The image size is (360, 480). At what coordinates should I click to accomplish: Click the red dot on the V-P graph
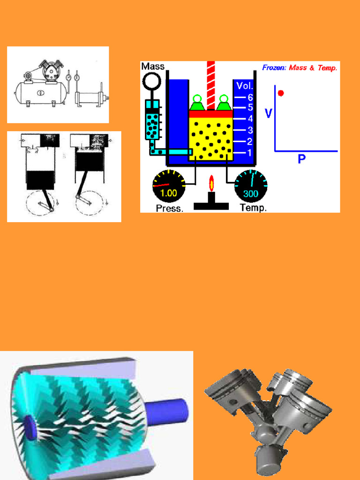281,93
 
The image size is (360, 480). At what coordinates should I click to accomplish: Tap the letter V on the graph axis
268,113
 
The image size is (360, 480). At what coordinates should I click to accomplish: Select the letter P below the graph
301,159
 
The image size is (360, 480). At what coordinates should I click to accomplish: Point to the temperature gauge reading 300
251,186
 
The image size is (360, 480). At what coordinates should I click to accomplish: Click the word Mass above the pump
153,67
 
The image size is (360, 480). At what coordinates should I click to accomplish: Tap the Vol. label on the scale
245,86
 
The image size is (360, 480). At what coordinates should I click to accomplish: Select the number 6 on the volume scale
250,97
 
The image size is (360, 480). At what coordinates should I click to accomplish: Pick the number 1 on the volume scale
250,152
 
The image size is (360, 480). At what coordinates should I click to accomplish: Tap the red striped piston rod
211,84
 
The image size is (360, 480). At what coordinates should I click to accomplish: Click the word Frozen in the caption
273,68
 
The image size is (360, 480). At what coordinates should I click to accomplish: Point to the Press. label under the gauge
169,208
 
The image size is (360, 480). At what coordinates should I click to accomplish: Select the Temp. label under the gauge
253,208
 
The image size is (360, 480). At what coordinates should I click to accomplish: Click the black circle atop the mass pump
152,81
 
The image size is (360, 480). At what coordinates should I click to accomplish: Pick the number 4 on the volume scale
250,119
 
